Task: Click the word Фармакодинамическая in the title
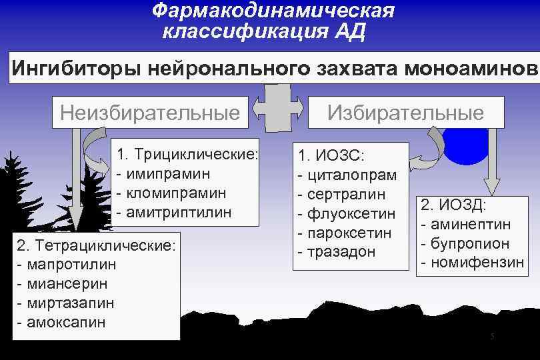click(273, 11)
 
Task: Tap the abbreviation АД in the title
click(350, 31)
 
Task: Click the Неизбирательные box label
click(150, 112)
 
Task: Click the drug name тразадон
click(337, 253)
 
